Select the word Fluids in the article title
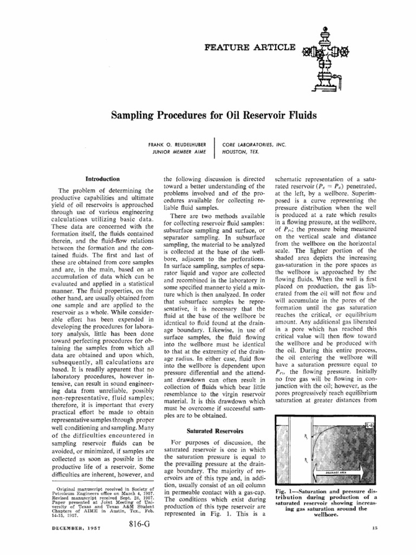tap(296, 115)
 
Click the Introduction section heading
tap(103, 178)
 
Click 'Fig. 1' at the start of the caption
tap(279, 492)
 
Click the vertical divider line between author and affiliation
tap(215, 147)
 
